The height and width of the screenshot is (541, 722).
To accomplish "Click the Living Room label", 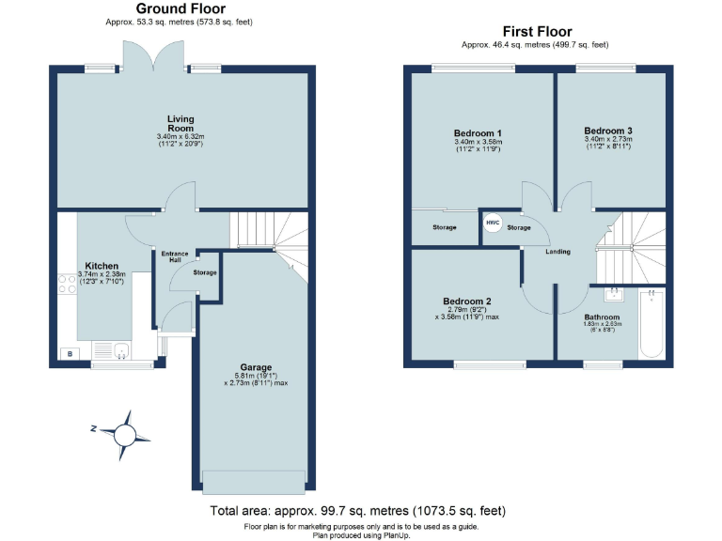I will click(x=180, y=123).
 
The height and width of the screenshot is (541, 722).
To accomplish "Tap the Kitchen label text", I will click(x=102, y=266).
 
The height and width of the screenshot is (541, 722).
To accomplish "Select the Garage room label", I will click(x=255, y=367).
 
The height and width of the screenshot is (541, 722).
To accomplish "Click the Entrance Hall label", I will click(x=175, y=256).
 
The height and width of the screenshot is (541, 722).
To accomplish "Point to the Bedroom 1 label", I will click(x=477, y=131).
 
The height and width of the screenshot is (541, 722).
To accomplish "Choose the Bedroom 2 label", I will click(x=467, y=301).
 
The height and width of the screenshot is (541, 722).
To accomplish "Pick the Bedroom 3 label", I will click(x=607, y=131).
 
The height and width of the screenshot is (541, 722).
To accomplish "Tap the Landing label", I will click(x=557, y=252).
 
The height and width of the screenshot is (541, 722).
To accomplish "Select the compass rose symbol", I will click(x=123, y=433).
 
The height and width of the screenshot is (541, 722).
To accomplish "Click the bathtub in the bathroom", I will click(x=651, y=325).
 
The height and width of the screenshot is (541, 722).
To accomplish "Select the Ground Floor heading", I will click(x=180, y=8).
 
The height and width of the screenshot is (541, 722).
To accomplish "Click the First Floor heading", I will click(x=537, y=32).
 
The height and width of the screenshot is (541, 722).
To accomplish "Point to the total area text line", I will click(x=357, y=511).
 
